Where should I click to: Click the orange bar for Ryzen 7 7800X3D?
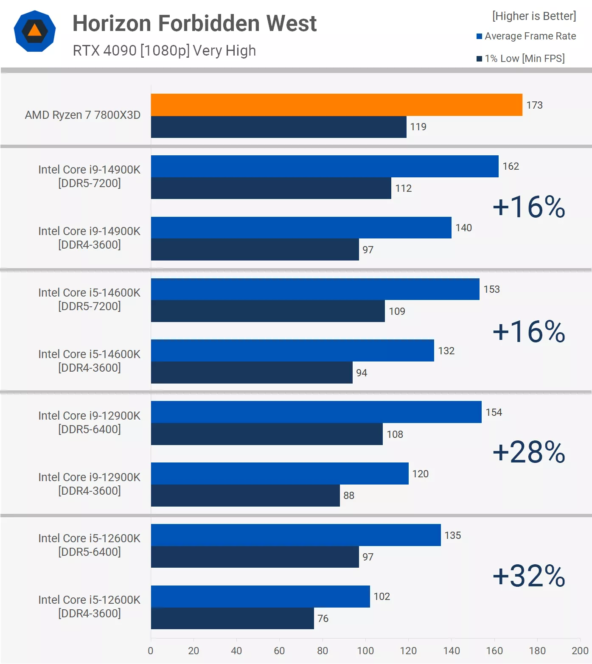click(x=337, y=105)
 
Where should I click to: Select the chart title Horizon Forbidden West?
click(x=194, y=23)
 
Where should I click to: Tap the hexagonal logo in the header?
click(x=35, y=31)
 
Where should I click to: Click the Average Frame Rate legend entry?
click(x=526, y=36)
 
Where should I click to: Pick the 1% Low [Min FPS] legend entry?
click(x=521, y=59)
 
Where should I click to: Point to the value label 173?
click(x=534, y=105)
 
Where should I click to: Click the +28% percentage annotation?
click(x=529, y=452)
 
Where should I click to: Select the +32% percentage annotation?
click(x=529, y=576)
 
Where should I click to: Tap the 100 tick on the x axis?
click(x=365, y=651)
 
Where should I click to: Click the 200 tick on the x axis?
click(x=580, y=651)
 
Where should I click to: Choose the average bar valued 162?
click(x=325, y=166)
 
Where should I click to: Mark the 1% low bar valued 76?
click(x=232, y=618)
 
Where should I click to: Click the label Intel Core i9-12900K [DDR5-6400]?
click(x=89, y=422)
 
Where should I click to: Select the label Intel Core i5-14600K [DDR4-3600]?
click(x=89, y=361)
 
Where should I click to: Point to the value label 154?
click(x=494, y=412)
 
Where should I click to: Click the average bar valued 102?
click(x=260, y=597)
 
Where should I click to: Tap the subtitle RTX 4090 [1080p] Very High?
click(x=164, y=50)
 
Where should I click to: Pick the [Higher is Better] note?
click(x=534, y=16)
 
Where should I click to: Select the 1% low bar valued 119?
click(x=278, y=127)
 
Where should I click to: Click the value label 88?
click(x=349, y=496)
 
